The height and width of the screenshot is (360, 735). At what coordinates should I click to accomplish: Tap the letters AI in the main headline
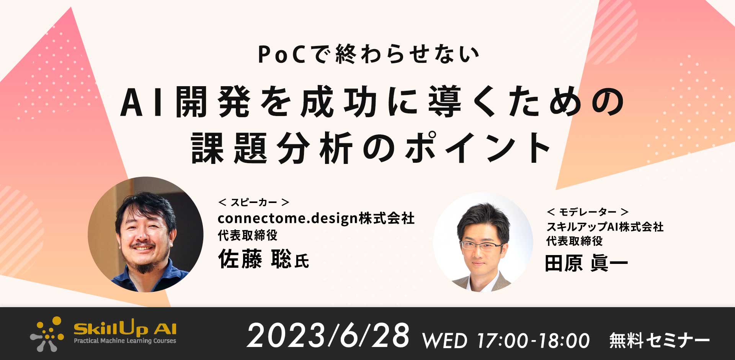(x=142, y=102)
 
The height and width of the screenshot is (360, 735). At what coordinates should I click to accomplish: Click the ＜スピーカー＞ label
(x=253, y=202)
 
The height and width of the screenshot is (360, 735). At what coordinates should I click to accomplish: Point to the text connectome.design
(x=288, y=219)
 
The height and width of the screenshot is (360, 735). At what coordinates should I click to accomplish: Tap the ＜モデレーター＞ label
(x=588, y=212)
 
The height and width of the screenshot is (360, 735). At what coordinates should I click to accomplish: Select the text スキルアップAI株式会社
(x=605, y=227)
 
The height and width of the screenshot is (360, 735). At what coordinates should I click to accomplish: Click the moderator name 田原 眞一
(x=586, y=264)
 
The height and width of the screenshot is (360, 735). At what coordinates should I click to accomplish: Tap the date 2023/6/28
(x=328, y=335)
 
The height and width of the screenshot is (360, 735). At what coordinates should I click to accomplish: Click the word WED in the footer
(x=444, y=340)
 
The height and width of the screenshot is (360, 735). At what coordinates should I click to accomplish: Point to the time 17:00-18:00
(x=533, y=340)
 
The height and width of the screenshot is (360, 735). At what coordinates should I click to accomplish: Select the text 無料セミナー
(x=660, y=340)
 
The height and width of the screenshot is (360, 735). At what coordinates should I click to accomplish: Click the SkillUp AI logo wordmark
(x=125, y=328)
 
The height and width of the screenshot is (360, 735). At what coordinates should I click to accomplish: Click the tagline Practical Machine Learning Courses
(x=125, y=340)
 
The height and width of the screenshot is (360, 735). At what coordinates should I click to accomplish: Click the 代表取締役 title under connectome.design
(x=248, y=236)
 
